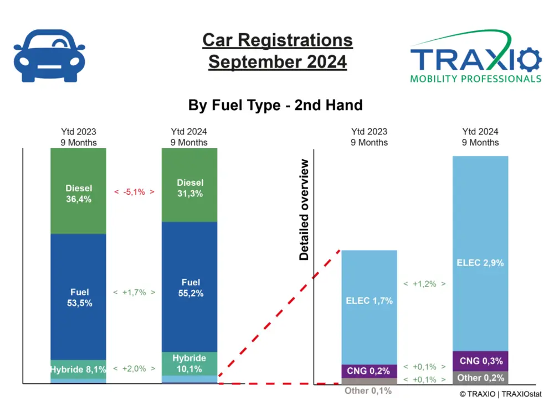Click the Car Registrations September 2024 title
coord(278,51)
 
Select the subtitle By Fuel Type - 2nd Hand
coord(275,105)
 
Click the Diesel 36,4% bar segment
coord(78,191)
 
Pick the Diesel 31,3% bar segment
coord(189,186)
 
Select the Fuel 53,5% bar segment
coord(78,297)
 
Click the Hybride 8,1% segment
coord(78,369)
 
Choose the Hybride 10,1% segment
coord(189,363)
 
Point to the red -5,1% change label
coord(134,192)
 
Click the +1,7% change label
coord(134,292)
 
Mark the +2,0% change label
coord(134,368)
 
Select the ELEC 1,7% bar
coord(370,301)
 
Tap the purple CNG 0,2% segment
coord(370,371)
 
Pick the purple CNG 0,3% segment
coord(480,361)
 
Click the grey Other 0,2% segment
coord(480,378)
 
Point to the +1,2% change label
coord(425,284)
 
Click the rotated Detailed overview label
coord(304,210)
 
